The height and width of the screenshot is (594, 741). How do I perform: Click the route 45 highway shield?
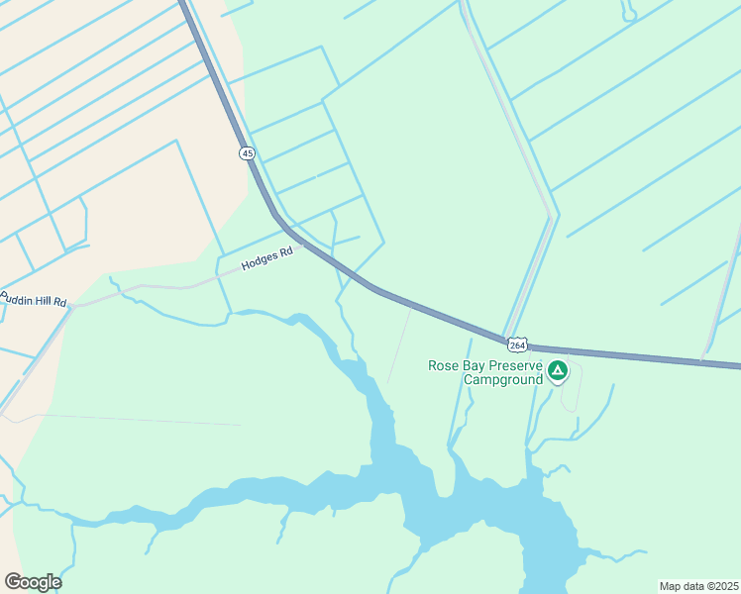tap(247, 152)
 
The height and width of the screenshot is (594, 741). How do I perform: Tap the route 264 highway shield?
tap(516, 345)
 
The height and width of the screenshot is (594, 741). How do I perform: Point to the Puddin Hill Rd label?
tap(33, 298)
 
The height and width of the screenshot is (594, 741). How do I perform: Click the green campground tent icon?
tap(558, 371)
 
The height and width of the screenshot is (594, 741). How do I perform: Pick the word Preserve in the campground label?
tap(516, 365)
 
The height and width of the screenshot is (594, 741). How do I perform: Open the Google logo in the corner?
tap(33, 582)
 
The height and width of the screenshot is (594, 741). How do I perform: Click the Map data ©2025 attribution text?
tap(698, 586)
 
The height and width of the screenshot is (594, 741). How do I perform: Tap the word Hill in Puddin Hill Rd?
tap(46, 299)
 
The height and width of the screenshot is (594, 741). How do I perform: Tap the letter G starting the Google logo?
tap(13, 582)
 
